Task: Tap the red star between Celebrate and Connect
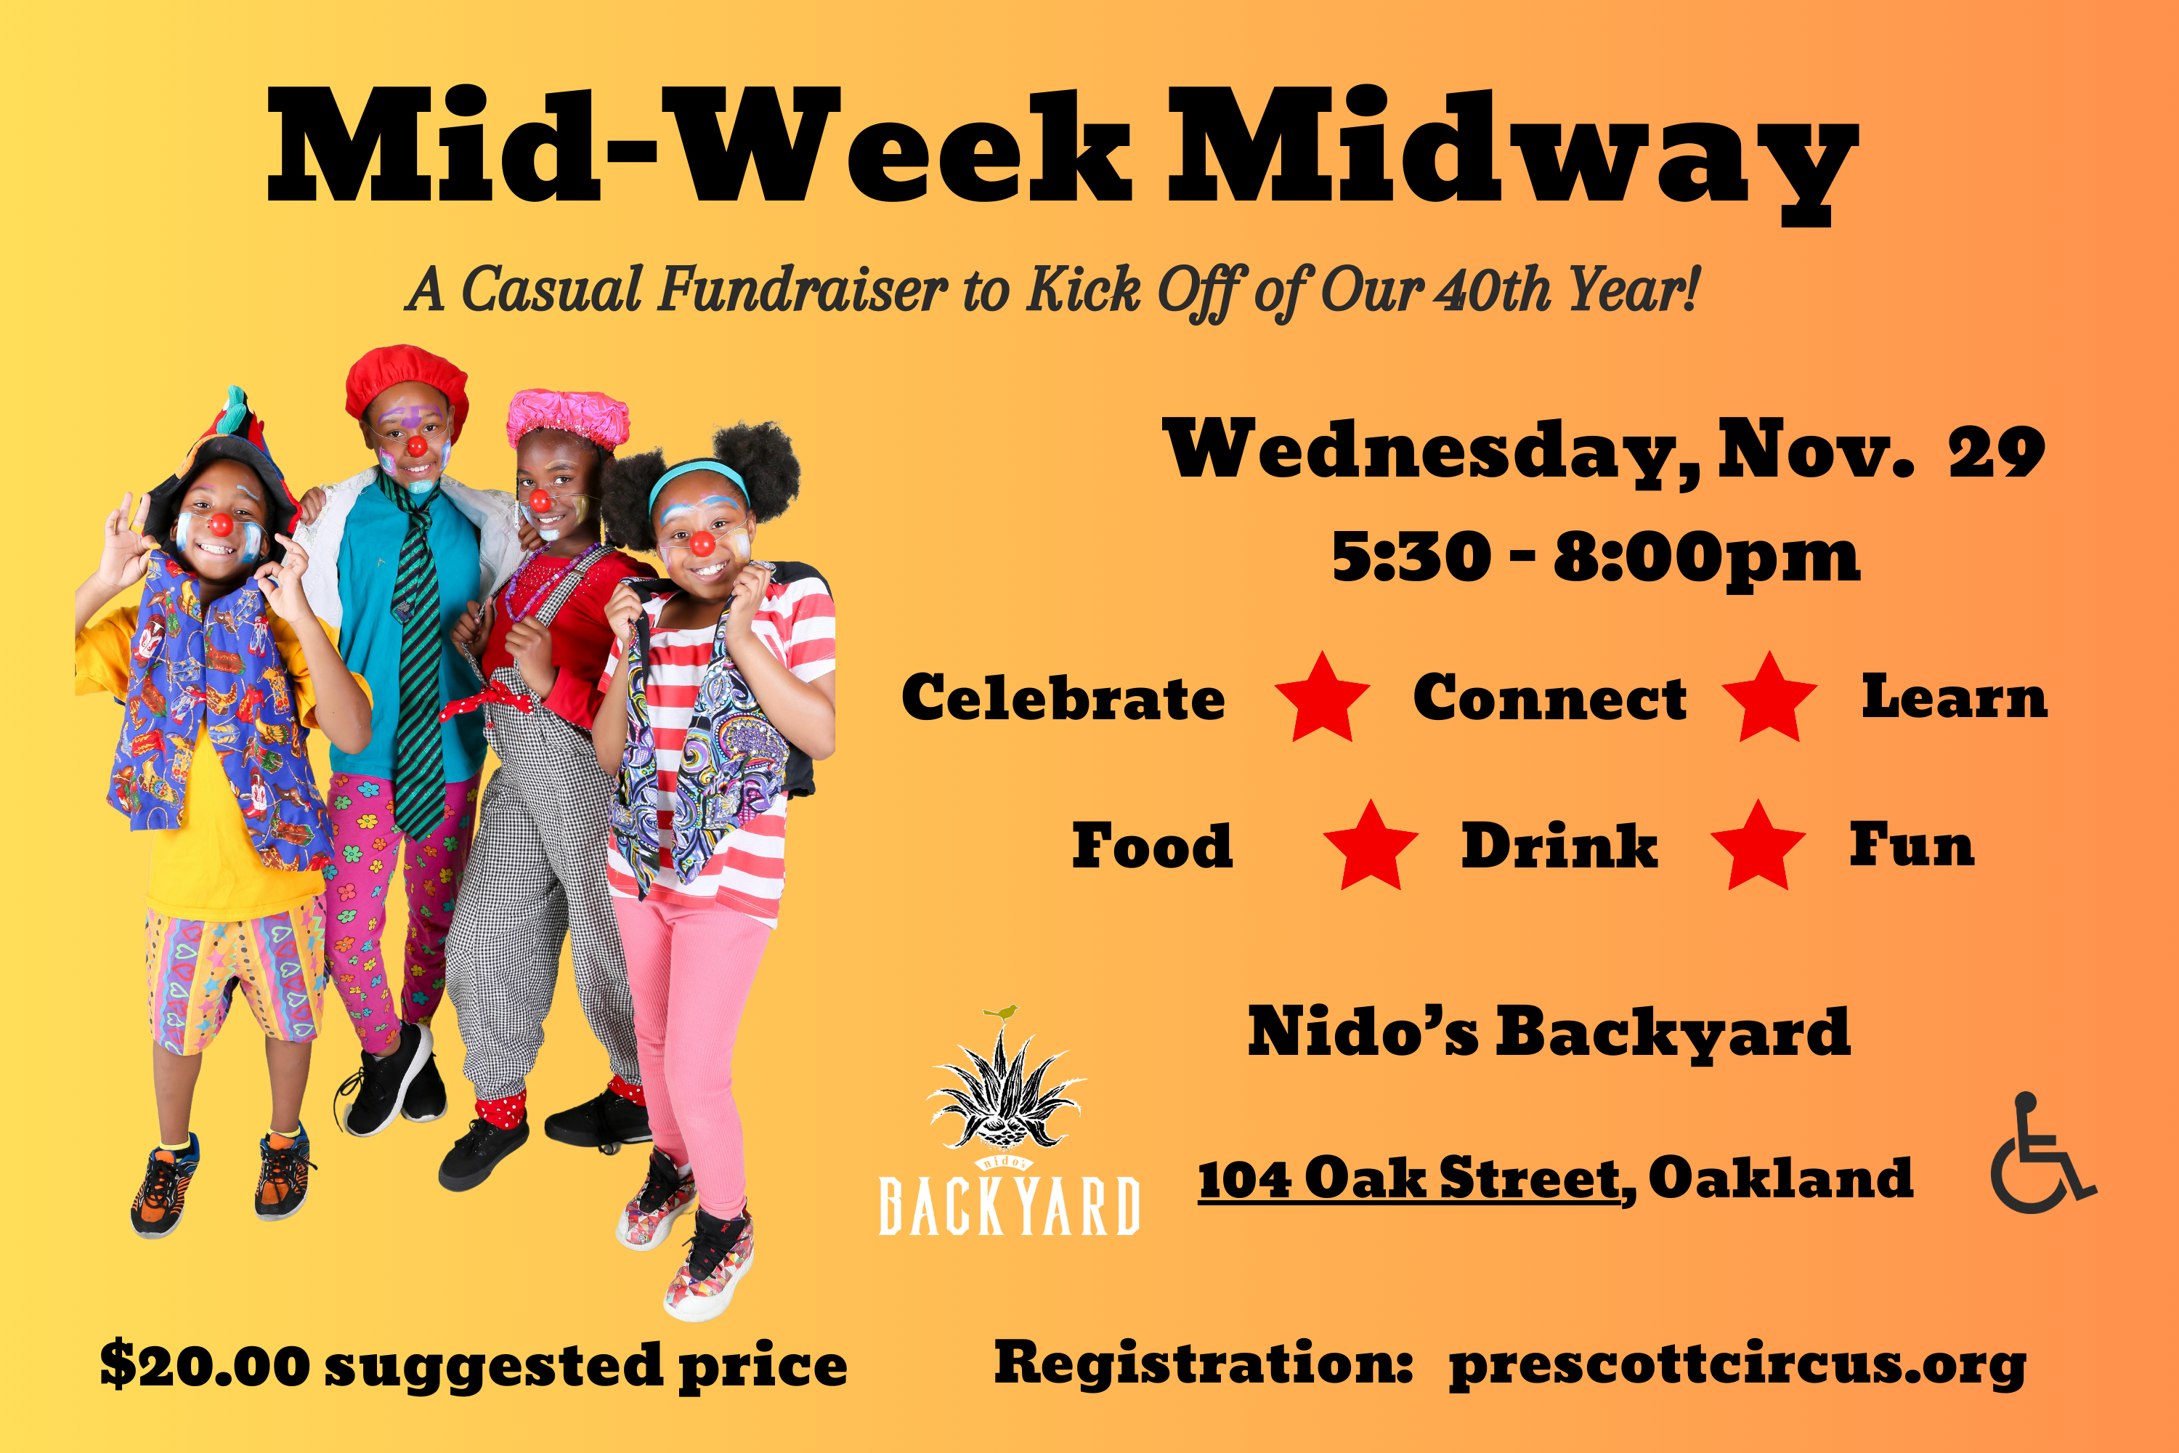click(x=1322, y=697)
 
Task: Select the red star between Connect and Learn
click(x=1769, y=697)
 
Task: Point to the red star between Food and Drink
click(x=1370, y=846)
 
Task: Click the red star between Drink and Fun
click(x=1758, y=846)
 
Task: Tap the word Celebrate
click(x=1063, y=697)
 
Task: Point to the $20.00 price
click(x=205, y=1365)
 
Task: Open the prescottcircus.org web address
click(x=1738, y=1365)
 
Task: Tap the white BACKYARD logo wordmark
click(x=1009, y=1205)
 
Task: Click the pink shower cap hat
click(x=568, y=418)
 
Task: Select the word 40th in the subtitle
click(x=1493, y=290)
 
